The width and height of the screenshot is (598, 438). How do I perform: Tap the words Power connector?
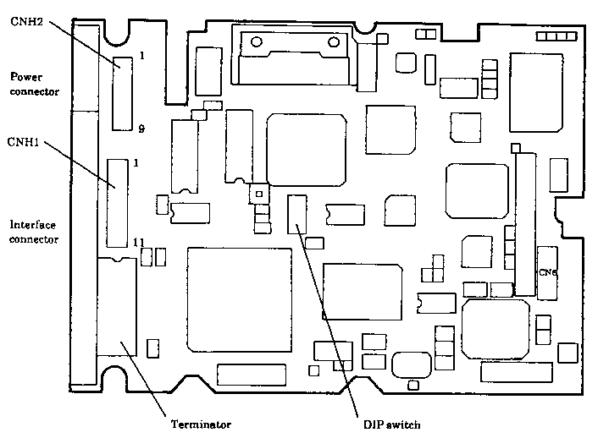pyautogui.click(x=34, y=84)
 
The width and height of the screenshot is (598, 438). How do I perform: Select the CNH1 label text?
pyautogui.click(x=23, y=141)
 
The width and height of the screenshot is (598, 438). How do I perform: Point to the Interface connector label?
pyautogui.click(x=34, y=232)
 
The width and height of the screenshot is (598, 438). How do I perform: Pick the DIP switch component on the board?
pyautogui.click(x=296, y=214)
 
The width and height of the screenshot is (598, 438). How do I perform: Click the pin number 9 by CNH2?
pyautogui.click(x=141, y=129)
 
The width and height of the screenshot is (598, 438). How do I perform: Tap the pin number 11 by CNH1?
pyautogui.click(x=139, y=243)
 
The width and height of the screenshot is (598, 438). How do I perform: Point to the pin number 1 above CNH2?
pyautogui.click(x=141, y=56)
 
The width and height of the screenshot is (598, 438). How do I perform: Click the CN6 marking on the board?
pyautogui.click(x=547, y=272)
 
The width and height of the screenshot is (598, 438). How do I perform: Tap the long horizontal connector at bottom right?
pyautogui.click(x=516, y=371)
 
